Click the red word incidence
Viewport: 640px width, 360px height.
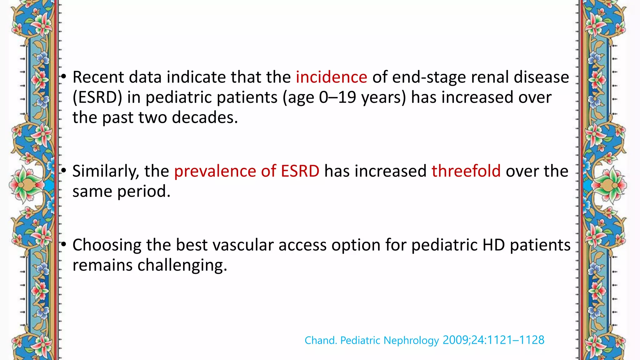pos(331,77)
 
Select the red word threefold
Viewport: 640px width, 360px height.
pos(466,171)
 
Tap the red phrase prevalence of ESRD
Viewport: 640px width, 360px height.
pos(247,171)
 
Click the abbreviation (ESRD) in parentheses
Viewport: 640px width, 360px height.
pos(97,97)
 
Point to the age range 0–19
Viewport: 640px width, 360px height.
pos(337,97)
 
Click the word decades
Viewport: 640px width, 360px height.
pos(205,117)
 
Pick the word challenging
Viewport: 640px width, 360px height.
pos(182,265)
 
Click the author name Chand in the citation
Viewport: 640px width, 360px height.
pos(320,340)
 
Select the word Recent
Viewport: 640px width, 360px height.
pos(98,77)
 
